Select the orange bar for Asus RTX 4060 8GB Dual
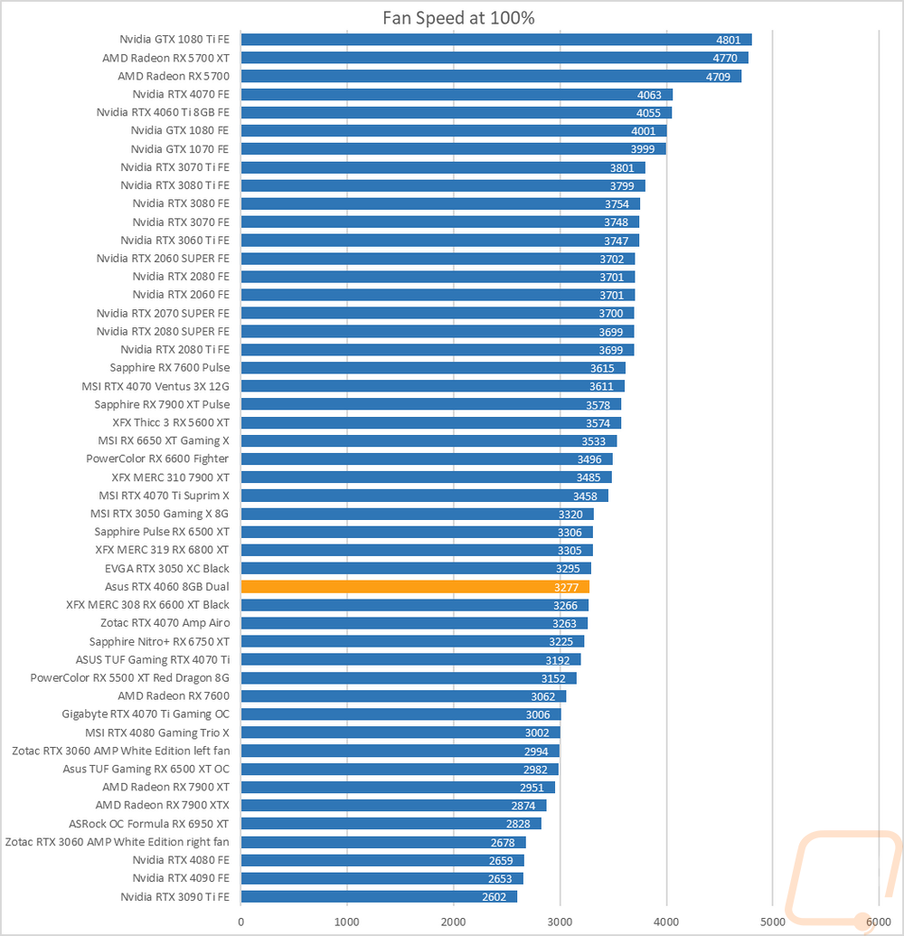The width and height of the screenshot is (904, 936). pos(415,587)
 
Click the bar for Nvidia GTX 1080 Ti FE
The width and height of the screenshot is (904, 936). pos(496,40)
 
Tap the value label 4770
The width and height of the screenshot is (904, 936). pos(728,58)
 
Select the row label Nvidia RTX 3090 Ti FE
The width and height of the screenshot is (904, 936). pos(174,896)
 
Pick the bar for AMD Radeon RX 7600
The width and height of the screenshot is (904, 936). pos(403,696)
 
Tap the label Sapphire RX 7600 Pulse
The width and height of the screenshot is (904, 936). pos(169,368)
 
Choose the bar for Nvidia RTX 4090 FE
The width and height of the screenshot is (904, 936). pos(381,878)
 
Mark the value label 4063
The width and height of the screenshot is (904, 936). pos(649,95)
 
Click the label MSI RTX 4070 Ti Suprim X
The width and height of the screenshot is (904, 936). pos(164,496)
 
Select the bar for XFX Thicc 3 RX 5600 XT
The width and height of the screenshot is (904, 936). pos(430,422)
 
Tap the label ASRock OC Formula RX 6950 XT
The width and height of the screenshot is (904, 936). pos(149,824)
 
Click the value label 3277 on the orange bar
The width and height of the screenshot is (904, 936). pos(566,587)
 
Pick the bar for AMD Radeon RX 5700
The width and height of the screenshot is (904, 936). pos(491,76)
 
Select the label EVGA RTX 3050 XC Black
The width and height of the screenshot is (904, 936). pos(167,569)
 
